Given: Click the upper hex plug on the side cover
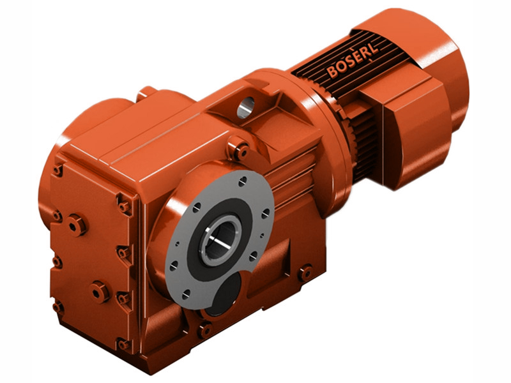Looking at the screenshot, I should pos(77,224).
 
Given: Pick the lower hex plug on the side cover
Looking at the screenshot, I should pos(100,292).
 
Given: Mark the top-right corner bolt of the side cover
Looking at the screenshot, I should pos(123,206).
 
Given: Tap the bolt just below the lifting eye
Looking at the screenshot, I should pos(240,151).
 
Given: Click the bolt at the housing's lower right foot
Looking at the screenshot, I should pos(305,273).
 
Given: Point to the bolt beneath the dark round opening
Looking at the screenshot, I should pos(205,330).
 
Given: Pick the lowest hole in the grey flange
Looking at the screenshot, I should pos(186,295).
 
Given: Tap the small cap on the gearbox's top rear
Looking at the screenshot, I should pos(147,93).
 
